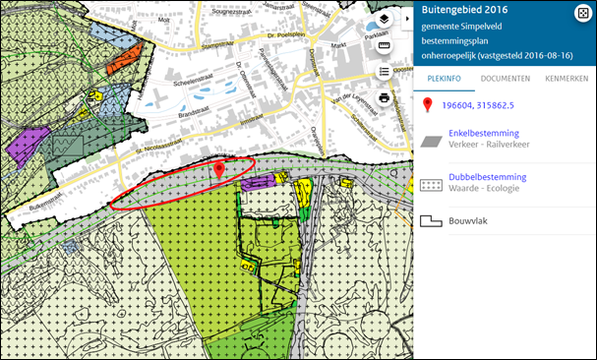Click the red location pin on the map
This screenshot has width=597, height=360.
pos(219,172)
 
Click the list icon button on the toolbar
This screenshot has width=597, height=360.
pos(385,72)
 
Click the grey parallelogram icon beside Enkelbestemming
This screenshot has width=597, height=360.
pos(431,140)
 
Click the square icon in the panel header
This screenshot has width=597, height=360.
pos(581,12)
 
